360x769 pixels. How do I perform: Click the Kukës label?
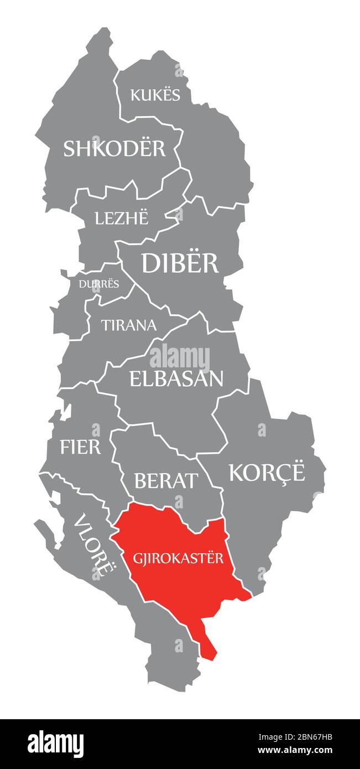(x=155, y=95)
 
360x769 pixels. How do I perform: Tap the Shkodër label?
(x=114, y=148)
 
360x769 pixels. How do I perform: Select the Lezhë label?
(x=122, y=218)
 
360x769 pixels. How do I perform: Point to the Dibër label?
(x=180, y=263)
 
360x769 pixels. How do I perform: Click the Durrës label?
(x=99, y=284)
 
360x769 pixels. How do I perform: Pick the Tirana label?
(x=129, y=325)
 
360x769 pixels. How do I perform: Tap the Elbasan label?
(x=176, y=378)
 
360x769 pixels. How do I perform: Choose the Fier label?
(x=81, y=446)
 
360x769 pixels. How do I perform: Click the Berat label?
(x=166, y=481)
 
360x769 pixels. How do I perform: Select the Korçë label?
(x=267, y=472)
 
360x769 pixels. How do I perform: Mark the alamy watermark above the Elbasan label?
(x=180, y=357)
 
